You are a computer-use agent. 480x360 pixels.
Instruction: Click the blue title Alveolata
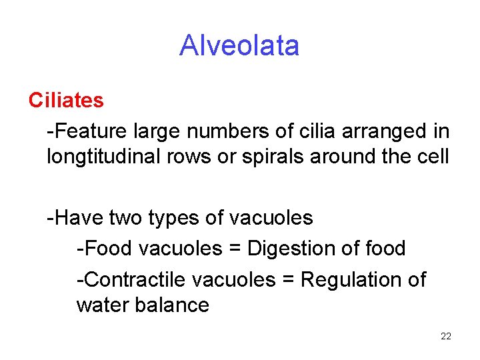coord(239,46)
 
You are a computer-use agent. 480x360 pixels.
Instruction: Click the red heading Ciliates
coord(66,101)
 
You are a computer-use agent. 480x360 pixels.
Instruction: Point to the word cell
coord(434,158)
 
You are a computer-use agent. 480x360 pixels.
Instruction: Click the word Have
coord(74,218)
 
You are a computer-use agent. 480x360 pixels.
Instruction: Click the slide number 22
coord(446,336)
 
